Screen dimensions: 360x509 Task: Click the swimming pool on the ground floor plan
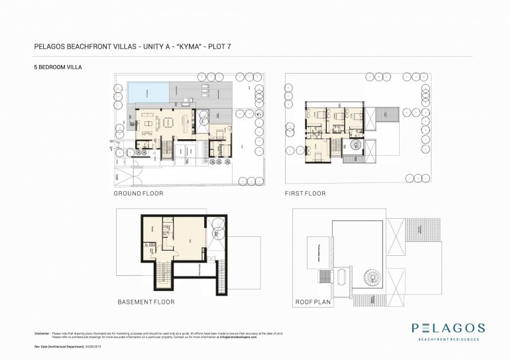[148, 91]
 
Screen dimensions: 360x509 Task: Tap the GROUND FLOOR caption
[139, 194]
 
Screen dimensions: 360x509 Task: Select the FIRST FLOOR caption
[305, 194]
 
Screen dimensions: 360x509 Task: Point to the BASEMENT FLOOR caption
[146, 302]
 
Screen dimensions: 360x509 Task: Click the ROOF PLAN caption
[312, 302]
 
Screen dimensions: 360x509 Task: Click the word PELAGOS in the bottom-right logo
[448, 328]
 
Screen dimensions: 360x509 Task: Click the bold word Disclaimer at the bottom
[42, 333]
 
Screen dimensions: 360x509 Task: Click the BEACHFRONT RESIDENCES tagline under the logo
[448, 340]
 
